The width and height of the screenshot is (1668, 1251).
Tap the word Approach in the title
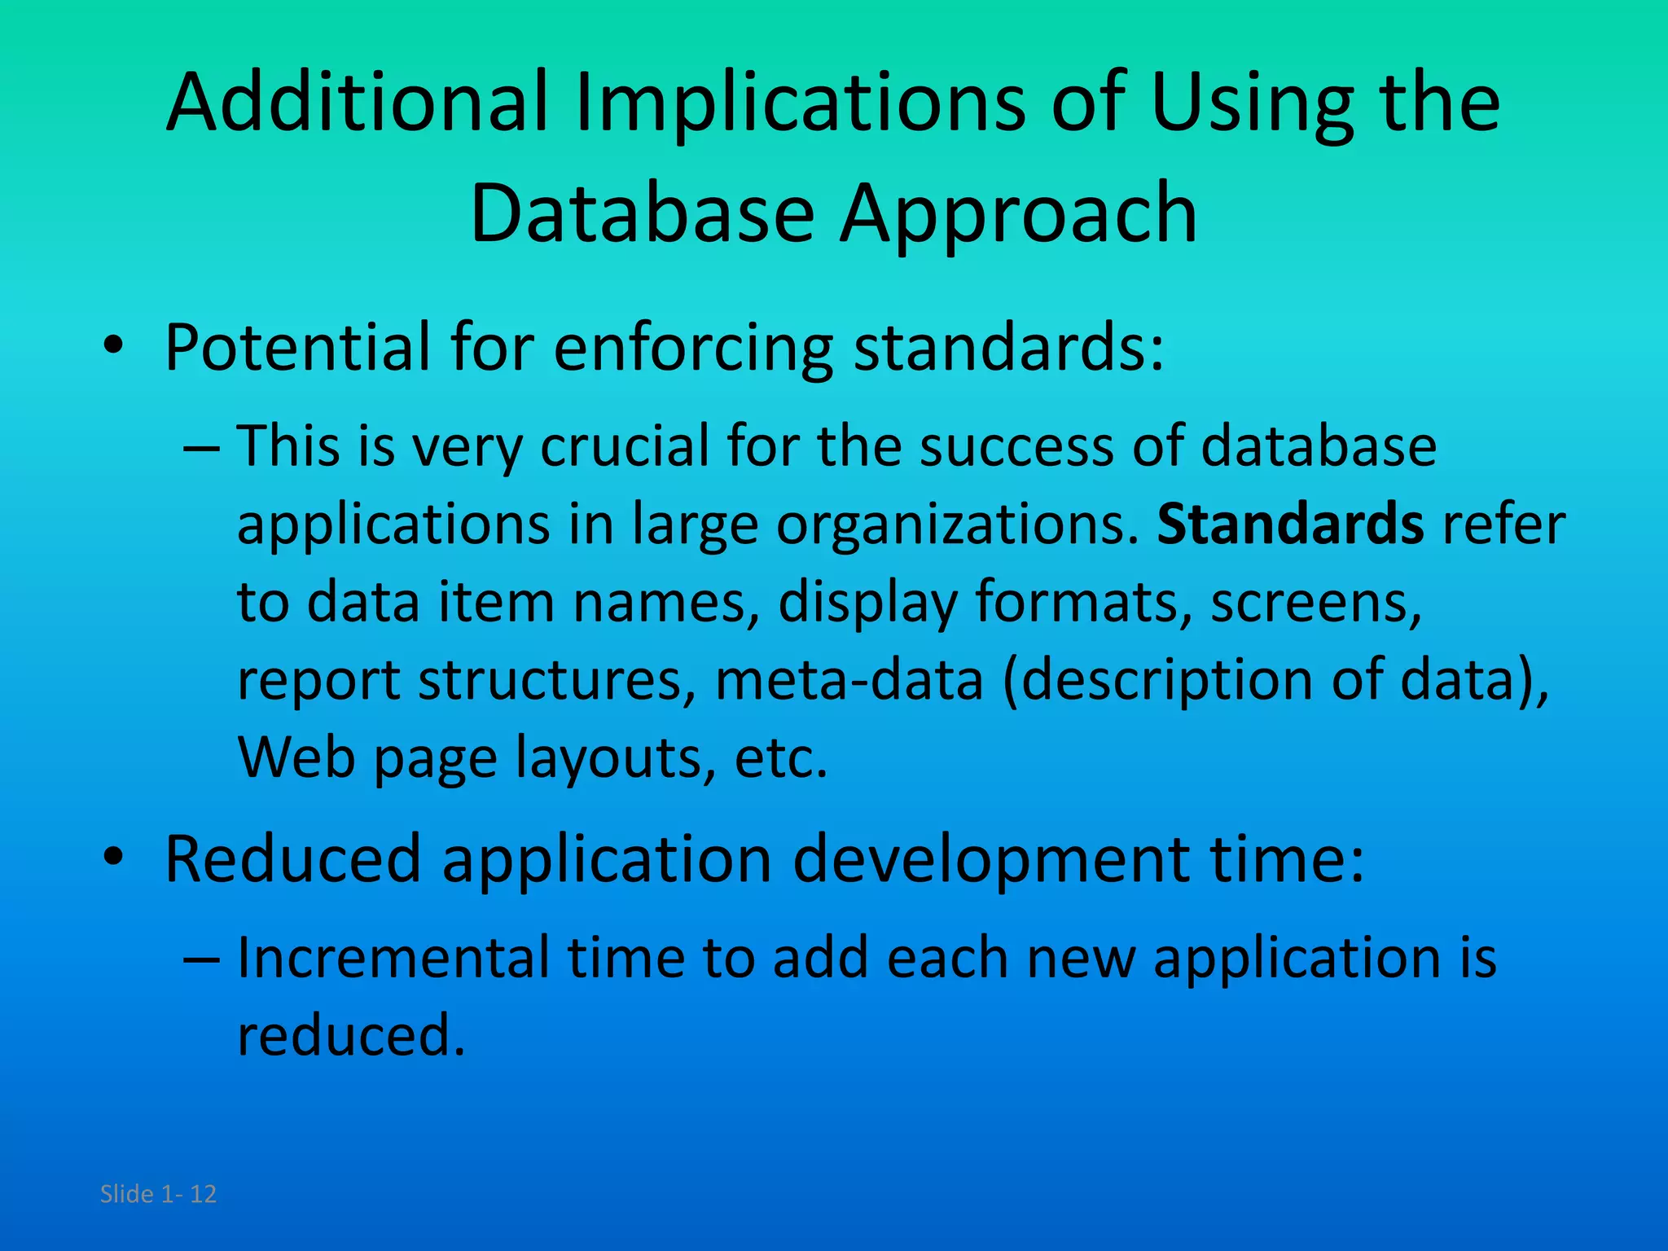pos(1018,213)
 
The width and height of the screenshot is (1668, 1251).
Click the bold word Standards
pos(1290,524)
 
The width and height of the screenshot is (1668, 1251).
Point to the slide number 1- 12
pos(189,1194)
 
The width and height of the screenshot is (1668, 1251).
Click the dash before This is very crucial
pos(201,447)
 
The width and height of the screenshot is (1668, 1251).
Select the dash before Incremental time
pos(201,959)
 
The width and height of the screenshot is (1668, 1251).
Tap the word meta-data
pos(849,680)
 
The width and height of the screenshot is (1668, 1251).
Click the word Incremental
pos(393,958)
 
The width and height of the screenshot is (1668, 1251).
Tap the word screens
pos(1315,603)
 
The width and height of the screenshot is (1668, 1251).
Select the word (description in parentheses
pos(1157,680)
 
